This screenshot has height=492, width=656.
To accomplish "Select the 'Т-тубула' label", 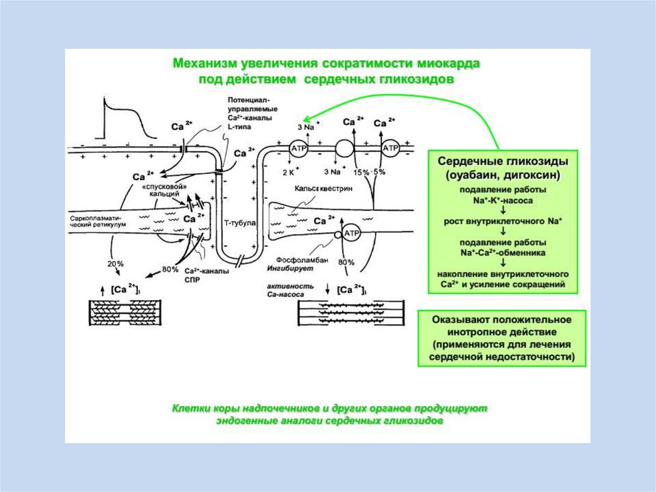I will click(239, 223).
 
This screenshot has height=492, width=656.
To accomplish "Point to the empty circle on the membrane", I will click(345, 149).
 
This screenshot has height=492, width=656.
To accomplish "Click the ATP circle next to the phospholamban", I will click(352, 234).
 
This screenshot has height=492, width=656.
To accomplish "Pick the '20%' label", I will click(115, 264).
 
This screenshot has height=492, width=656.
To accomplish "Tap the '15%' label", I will click(363, 172).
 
